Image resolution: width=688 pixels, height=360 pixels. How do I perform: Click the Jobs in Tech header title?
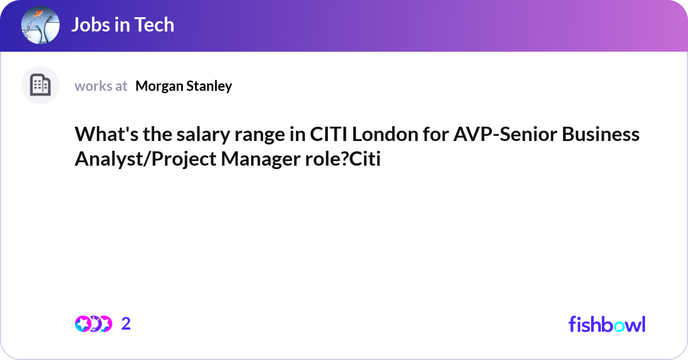(x=123, y=25)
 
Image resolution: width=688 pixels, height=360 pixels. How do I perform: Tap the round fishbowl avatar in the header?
(x=40, y=26)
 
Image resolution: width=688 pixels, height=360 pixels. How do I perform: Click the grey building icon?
(x=40, y=85)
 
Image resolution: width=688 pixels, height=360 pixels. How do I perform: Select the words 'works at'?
(x=101, y=86)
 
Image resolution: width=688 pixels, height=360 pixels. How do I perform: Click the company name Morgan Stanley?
(x=183, y=86)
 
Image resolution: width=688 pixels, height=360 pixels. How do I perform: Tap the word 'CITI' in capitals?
(x=329, y=135)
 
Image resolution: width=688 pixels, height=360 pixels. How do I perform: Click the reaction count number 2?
(x=126, y=324)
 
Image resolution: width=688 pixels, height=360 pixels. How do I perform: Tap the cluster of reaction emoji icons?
(x=93, y=324)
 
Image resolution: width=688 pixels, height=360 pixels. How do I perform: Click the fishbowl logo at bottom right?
(x=607, y=324)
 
